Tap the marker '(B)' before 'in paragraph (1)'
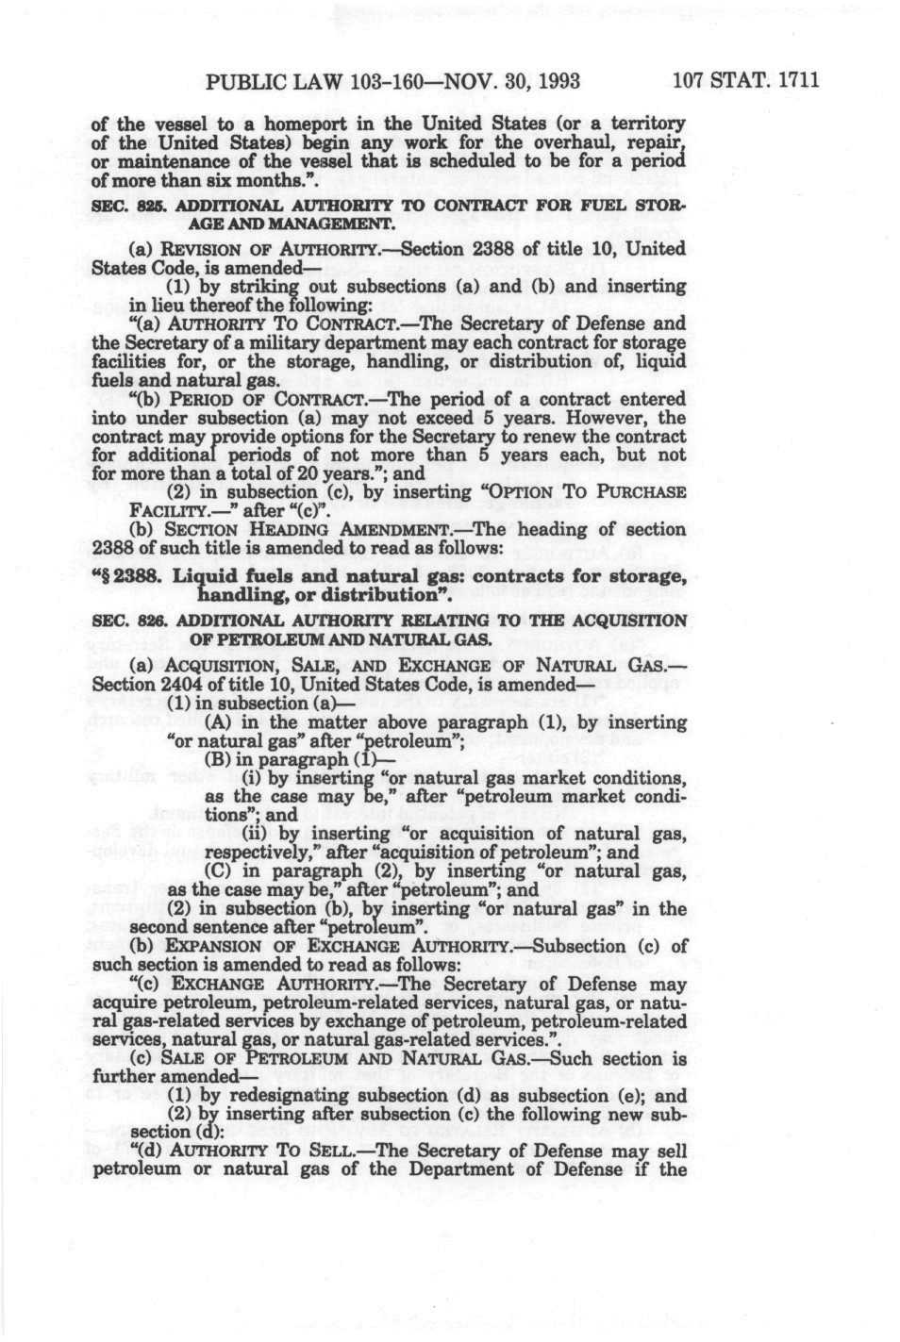point(216,759)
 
